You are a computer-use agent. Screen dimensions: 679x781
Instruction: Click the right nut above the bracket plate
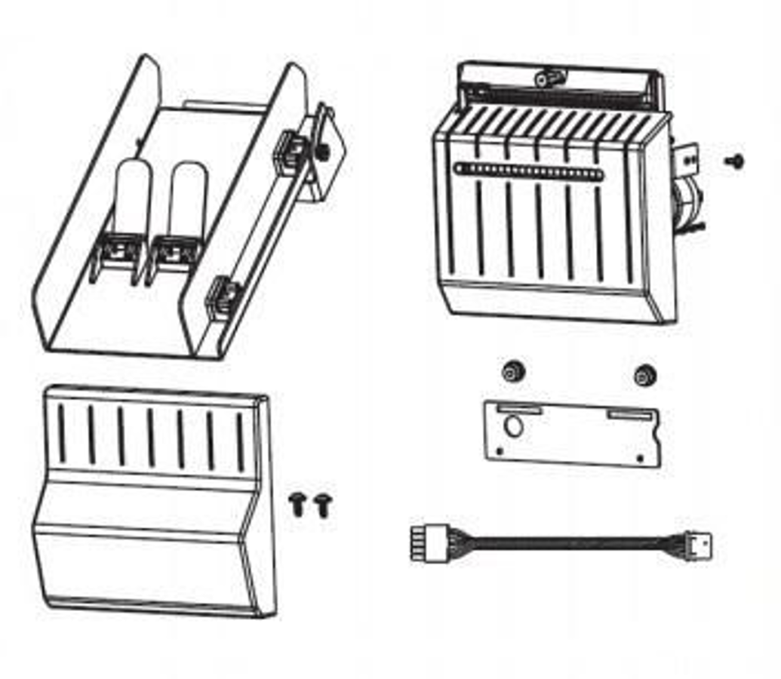[x=644, y=374]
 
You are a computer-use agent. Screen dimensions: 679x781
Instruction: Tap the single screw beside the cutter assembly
[x=734, y=160]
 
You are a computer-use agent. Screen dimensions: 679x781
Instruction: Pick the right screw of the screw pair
[x=324, y=504]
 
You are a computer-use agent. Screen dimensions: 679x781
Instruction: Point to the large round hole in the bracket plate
[x=512, y=426]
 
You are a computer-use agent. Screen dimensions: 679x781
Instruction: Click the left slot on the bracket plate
[x=518, y=409]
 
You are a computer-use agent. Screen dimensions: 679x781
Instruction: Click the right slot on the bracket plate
[x=632, y=414]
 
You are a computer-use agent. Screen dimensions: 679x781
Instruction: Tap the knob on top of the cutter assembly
[x=549, y=78]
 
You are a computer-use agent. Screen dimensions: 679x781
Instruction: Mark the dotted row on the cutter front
[x=528, y=171]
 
